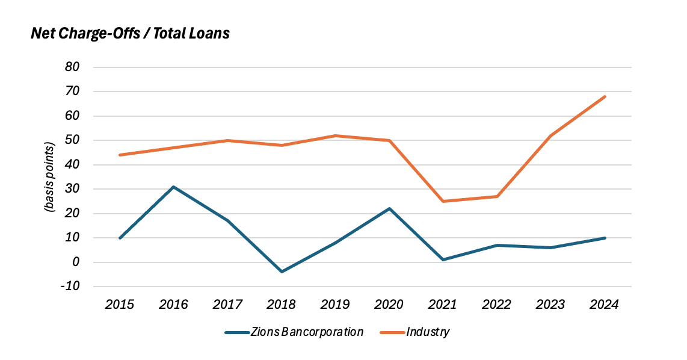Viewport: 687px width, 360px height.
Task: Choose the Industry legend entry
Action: pos(414,332)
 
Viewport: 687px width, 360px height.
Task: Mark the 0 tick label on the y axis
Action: pos(76,262)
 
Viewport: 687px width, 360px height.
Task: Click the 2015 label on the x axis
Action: pos(120,305)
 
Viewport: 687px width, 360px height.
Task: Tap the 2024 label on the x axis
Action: pos(604,305)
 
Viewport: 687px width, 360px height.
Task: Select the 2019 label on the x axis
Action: pos(335,305)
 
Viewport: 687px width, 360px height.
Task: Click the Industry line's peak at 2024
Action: pos(604,96)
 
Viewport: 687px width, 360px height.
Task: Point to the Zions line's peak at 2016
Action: pos(174,187)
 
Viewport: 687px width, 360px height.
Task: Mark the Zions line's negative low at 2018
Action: pos(282,272)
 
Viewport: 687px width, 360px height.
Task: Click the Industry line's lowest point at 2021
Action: pos(443,201)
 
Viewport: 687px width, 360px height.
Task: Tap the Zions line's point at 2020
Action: pos(389,208)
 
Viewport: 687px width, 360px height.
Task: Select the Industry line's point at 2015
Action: pos(120,155)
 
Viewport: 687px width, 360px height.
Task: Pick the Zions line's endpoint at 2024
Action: pos(604,238)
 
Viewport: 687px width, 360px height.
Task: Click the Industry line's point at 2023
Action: pos(550,135)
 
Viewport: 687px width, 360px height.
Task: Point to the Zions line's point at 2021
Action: pos(443,259)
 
